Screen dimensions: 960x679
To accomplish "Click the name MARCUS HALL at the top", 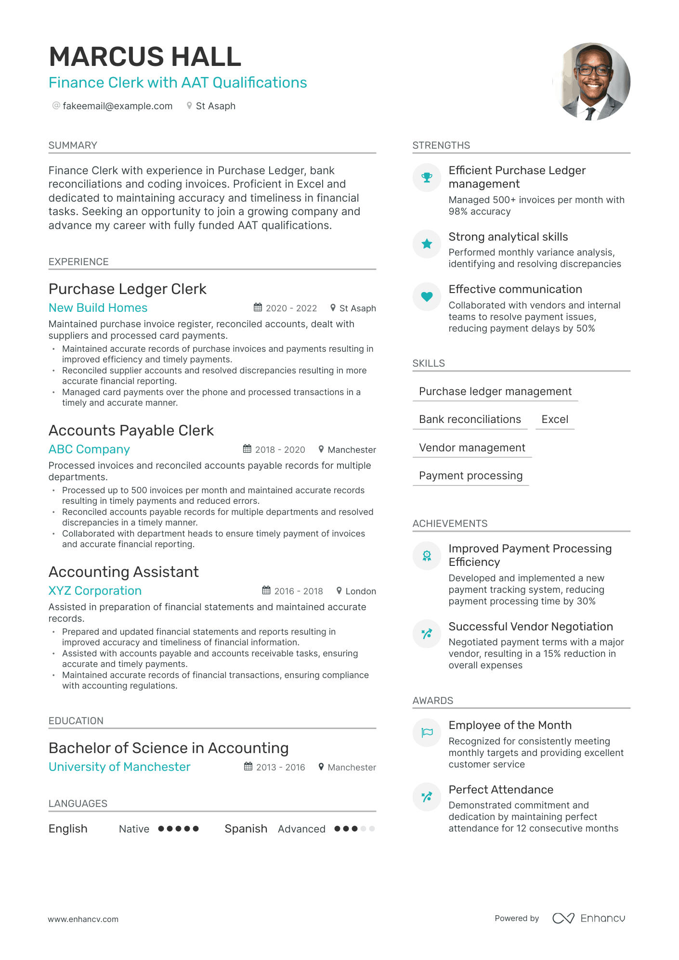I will coord(145,57).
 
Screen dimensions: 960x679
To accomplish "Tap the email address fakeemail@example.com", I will coord(118,106).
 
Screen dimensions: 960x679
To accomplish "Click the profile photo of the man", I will coord(592,82).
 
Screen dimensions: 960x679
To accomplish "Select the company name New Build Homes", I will coord(98,308).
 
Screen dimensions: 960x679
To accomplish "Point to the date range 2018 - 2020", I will coord(280,449).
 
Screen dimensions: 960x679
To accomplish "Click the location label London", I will coord(360,591).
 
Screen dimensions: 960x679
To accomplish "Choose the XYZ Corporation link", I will coord(95,591).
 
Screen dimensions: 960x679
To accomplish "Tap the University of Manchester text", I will coord(119,767).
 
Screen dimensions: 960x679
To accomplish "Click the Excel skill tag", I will coord(555,420).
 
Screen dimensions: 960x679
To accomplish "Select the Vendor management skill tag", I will coord(472,448).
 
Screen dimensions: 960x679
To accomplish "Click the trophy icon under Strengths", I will coord(427,178).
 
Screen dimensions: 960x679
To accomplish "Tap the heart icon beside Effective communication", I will coord(427,296).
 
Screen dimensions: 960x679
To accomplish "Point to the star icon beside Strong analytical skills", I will coord(427,244).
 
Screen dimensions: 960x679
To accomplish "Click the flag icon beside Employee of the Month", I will coord(427,732).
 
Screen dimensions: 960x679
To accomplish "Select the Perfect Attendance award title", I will coord(501,790).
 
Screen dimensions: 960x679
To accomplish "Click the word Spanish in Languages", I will coord(246,829).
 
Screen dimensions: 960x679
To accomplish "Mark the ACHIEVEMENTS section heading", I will coord(450,524).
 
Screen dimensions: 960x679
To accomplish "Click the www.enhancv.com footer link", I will coord(83,919).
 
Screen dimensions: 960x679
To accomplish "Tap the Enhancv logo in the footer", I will coord(588,918).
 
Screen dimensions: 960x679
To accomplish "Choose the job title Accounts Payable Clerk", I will coord(131,430).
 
